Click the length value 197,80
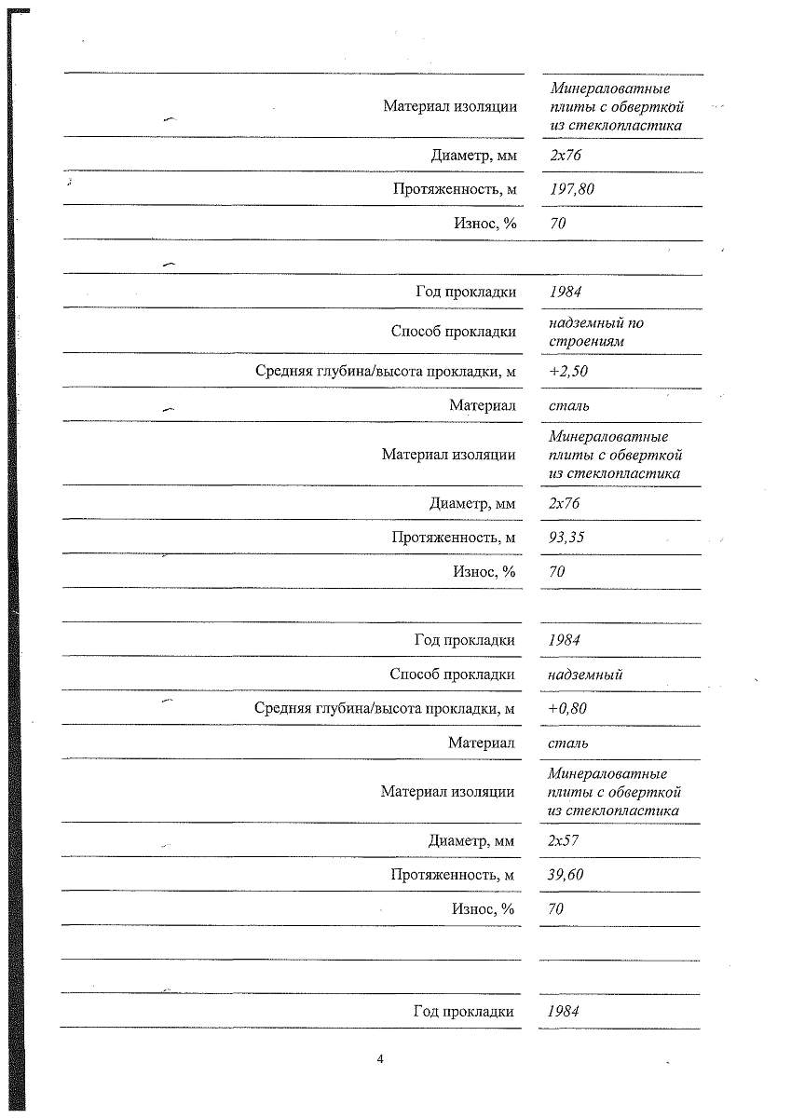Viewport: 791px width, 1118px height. click(572, 189)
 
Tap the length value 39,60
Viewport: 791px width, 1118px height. click(566, 875)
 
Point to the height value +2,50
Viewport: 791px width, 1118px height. click(568, 371)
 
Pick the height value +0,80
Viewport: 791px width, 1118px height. click(568, 709)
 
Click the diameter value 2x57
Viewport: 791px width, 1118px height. click(565, 841)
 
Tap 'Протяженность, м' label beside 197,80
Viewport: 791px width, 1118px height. click(455, 189)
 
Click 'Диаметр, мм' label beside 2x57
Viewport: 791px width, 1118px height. click(471, 841)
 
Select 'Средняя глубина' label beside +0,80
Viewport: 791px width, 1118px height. click(385, 709)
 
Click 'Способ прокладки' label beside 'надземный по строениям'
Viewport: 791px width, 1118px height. click(454, 332)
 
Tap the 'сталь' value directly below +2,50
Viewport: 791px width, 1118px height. click(569, 405)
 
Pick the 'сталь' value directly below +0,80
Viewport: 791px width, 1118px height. click(568, 743)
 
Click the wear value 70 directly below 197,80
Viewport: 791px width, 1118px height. click(558, 224)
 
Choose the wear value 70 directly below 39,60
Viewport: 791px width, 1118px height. click(556, 909)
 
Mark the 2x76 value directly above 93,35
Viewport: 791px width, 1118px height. click(565, 504)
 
